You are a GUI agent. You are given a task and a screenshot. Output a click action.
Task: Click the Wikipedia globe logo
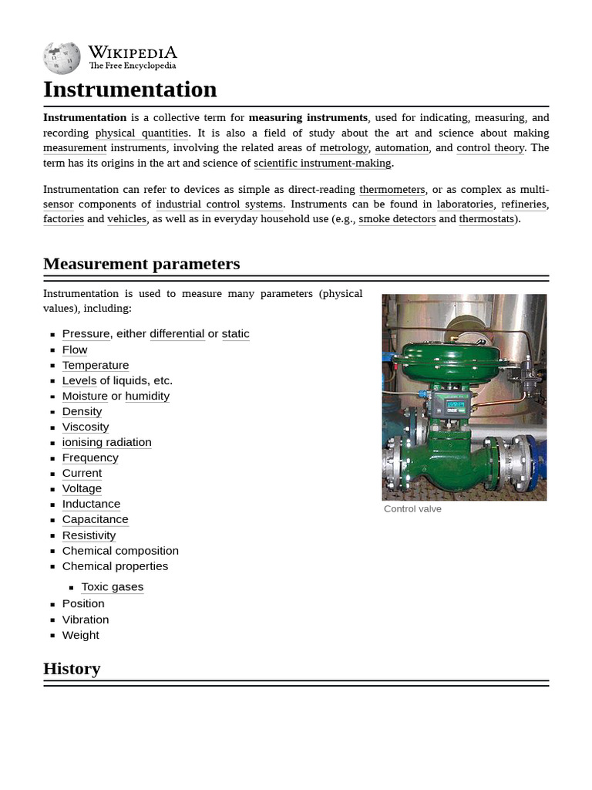(62, 59)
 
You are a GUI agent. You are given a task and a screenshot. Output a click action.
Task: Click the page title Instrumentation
(129, 89)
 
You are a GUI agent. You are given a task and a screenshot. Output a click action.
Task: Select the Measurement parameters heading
(141, 264)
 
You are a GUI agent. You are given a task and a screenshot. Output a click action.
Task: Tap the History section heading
(72, 669)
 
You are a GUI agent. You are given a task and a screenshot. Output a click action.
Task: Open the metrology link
(344, 147)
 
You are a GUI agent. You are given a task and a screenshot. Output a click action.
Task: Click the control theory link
(490, 147)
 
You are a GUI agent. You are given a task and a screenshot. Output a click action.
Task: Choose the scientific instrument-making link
(323, 163)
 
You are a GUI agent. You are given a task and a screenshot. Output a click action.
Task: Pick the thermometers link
(392, 189)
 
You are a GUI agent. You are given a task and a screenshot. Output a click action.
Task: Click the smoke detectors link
(397, 218)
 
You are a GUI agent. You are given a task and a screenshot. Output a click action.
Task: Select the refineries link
(523, 204)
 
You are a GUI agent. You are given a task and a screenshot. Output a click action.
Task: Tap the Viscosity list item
(86, 427)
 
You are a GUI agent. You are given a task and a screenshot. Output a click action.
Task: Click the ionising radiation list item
(106, 442)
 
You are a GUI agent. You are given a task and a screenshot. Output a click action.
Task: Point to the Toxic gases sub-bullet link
(113, 586)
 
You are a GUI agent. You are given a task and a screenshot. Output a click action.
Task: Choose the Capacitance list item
(95, 519)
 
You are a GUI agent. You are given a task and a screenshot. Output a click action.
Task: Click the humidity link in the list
(147, 396)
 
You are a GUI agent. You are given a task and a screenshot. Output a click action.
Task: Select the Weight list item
(81, 635)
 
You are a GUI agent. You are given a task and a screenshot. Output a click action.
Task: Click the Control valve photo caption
(412, 509)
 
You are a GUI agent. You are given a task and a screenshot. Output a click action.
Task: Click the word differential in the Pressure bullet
(177, 333)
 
